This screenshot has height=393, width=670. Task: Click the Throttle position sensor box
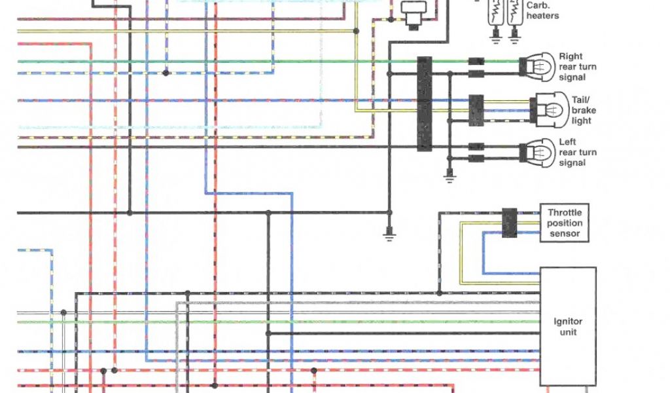click(564, 223)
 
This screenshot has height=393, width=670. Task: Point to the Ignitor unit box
click(567, 326)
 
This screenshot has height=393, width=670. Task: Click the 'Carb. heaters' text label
click(542, 10)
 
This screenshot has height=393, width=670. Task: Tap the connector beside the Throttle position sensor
click(509, 223)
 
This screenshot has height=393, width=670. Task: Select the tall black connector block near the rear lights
click(425, 103)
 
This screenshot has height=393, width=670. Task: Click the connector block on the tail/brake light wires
click(476, 109)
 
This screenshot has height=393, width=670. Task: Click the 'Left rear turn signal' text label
click(577, 153)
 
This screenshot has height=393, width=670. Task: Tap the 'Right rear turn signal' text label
click(577, 67)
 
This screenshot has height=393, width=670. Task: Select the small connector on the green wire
click(476, 62)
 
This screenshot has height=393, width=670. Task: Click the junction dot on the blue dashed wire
click(166, 73)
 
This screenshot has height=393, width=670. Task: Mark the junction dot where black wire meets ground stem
click(389, 213)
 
